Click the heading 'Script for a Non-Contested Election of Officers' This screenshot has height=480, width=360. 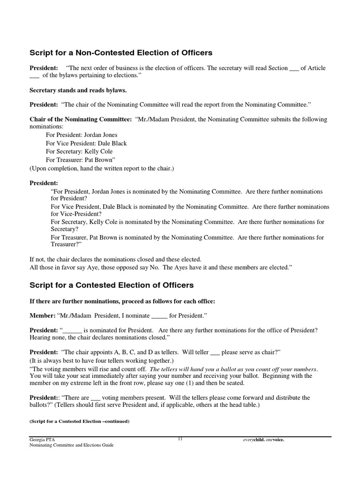121,53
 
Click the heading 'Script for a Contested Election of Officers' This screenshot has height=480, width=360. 112,285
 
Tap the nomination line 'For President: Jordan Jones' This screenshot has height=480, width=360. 82,135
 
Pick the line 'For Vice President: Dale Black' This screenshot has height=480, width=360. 86,143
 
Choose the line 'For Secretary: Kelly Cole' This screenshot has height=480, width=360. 79,151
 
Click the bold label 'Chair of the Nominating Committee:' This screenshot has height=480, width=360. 81,120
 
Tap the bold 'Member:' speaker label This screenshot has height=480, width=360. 43,315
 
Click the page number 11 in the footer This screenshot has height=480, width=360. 180,439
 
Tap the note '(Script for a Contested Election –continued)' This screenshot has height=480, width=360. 79,421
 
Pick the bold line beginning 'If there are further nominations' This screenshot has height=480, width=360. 122,300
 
